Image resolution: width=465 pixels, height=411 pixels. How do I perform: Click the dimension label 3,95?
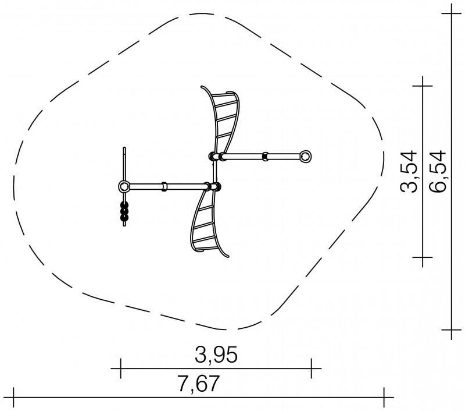coord(216,355)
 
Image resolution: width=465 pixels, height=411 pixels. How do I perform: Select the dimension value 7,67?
coord(199,384)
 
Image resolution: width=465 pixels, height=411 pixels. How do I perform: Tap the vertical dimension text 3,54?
coord(409,172)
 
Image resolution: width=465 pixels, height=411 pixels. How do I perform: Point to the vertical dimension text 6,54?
coord(438,172)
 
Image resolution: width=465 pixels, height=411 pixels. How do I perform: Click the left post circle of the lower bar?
coord(124,186)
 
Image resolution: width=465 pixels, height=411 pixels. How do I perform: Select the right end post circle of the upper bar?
coord(306,156)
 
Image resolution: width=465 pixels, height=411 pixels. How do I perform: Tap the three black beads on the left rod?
coord(124,211)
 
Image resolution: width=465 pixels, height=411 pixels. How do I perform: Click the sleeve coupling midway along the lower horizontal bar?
coord(164,186)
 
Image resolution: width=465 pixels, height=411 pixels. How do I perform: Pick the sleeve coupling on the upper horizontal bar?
coord(266,156)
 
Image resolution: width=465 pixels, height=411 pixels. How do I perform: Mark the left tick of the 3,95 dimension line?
coord(120,369)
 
